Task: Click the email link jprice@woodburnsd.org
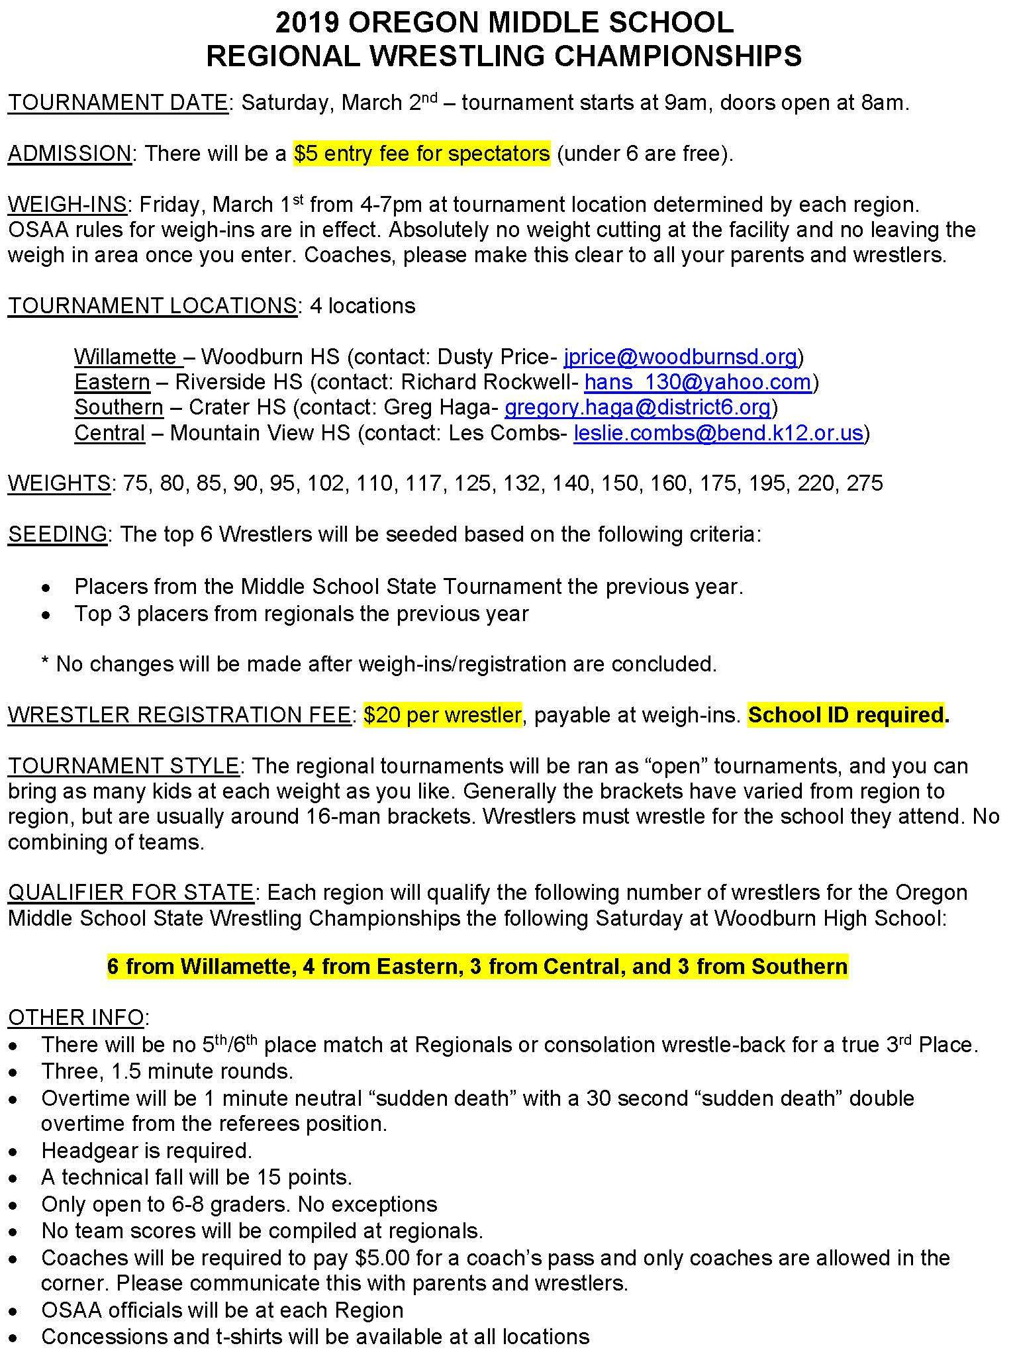[680, 357]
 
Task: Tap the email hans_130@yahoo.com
[697, 382]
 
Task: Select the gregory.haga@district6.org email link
[638, 407]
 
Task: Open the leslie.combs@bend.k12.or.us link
[718, 433]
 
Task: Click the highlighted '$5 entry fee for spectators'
[422, 154]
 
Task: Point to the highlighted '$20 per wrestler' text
[442, 715]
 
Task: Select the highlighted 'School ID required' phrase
[846, 715]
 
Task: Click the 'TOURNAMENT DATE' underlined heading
[117, 103]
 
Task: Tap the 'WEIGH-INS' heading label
[67, 205]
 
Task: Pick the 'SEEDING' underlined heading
[58, 534]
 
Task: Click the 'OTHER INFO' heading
[76, 1017]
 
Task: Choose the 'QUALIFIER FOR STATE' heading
[130, 893]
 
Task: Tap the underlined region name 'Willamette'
[125, 357]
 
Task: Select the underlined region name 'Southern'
[119, 407]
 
